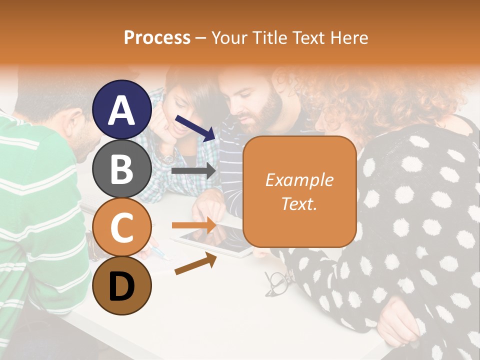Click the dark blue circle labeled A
click(122, 109)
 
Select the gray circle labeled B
click(122, 168)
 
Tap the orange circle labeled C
click(122, 227)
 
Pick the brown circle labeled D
click(122, 285)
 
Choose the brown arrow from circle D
click(195, 264)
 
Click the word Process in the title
click(157, 37)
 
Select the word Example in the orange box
click(299, 180)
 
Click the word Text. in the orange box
click(299, 204)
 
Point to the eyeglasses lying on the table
click(278, 282)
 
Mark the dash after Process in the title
click(201, 37)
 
